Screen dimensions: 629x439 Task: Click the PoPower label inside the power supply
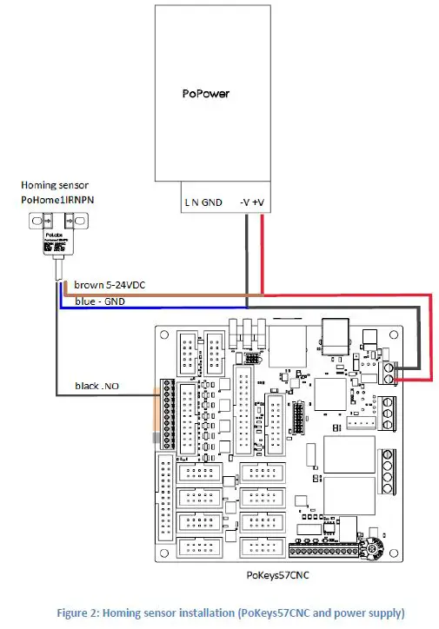pyautogui.click(x=207, y=93)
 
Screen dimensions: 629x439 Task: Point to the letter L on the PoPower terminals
pyautogui.click(x=187, y=203)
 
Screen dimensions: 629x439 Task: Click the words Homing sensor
pyautogui.click(x=53, y=184)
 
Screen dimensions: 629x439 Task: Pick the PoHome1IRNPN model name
pyautogui.click(x=58, y=199)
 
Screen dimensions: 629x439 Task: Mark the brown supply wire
pyautogui.click(x=174, y=293)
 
